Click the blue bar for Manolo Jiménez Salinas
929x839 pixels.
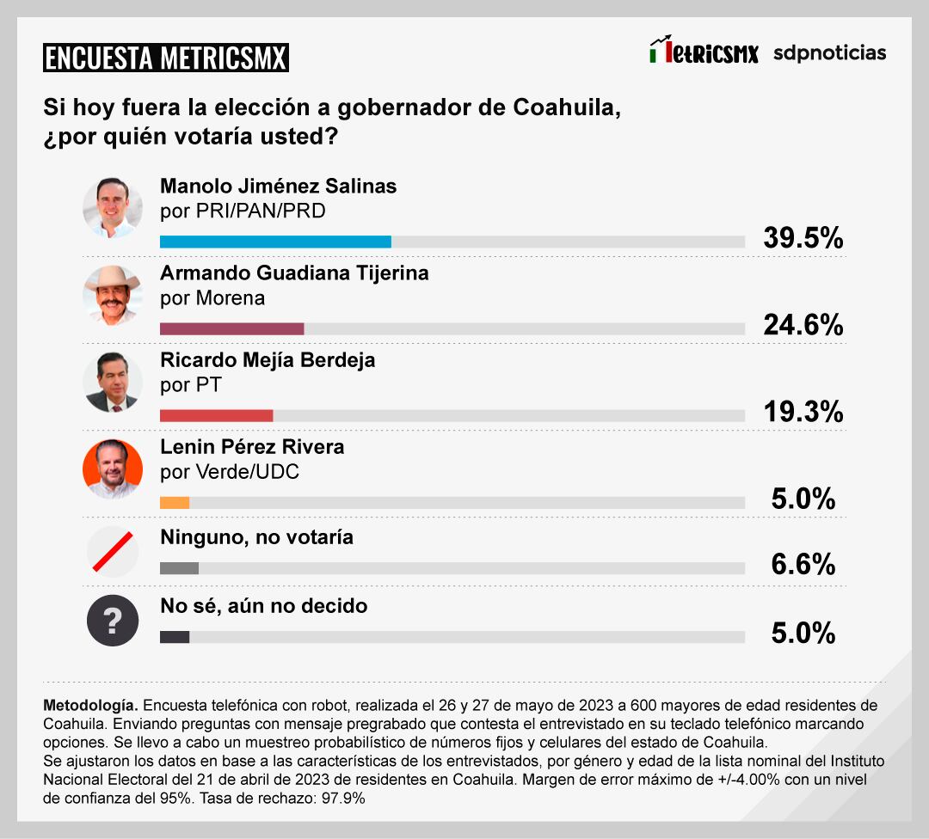275,242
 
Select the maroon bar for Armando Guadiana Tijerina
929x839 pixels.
232,328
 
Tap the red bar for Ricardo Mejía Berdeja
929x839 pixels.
217,416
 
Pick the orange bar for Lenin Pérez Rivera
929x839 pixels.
175,503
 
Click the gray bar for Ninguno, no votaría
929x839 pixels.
180,567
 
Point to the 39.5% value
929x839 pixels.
803,238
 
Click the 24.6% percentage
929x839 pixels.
803,324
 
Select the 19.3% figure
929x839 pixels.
803,412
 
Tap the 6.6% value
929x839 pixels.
803,564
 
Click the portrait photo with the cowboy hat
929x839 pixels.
113,295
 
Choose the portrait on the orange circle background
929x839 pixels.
113,468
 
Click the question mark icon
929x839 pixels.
113,621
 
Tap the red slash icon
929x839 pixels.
113,552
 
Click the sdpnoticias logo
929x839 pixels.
829,52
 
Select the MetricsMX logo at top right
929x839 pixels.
704,52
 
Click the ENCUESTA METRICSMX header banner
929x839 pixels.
166,58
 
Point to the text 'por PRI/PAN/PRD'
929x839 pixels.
243,211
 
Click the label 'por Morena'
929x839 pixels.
212,298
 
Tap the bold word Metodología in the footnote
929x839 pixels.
89,704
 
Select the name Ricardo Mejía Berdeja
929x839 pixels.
268,360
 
